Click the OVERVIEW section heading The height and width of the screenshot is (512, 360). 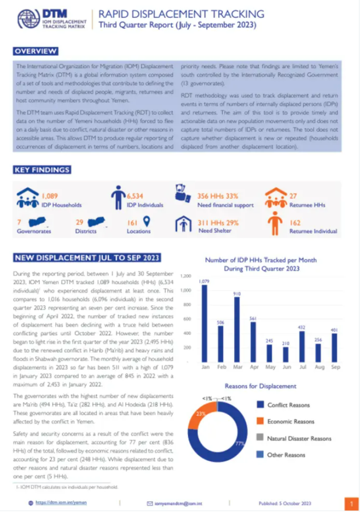(x=35, y=51)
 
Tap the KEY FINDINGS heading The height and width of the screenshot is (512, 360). (x=41, y=170)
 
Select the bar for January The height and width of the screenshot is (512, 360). (x=205, y=323)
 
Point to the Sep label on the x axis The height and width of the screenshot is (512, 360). (x=335, y=367)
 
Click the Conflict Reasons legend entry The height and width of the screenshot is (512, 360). (x=288, y=405)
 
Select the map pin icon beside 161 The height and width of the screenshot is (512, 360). (x=147, y=222)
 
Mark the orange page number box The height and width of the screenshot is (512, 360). (x=351, y=503)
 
